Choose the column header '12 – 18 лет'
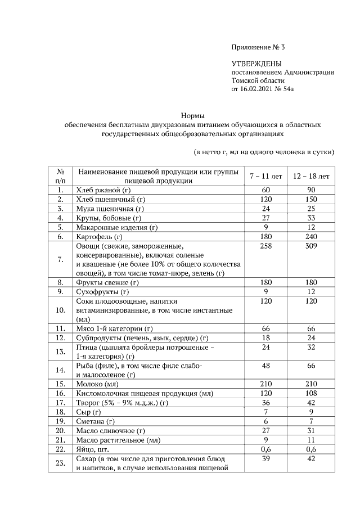pos(311,176)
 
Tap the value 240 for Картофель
pos(311,237)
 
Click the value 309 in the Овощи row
pos(311,246)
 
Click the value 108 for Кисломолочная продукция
pos(311,393)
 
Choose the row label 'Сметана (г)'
pos(95,421)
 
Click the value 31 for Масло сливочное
pos(311,431)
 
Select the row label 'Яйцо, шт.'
pos(92,449)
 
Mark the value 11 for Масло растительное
pos(311,440)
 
